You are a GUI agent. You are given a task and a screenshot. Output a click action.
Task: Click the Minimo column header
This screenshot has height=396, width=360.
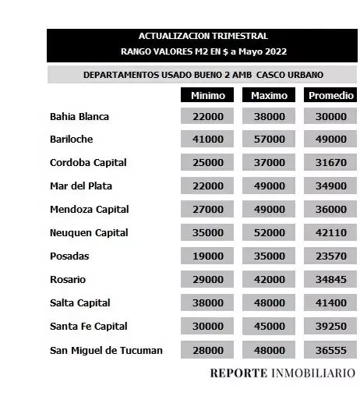coord(207,95)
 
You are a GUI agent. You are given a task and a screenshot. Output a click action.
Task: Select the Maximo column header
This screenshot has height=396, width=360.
coord(269,95)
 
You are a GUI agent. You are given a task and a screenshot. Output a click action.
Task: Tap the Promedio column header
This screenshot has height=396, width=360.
coord(330,95)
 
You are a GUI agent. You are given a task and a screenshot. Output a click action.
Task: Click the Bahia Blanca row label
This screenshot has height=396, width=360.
coord(79,117)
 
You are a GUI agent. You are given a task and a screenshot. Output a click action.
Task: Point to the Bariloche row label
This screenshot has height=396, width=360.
coord(72,140)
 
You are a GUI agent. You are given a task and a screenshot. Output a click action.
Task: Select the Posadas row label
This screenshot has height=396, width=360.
coord(69,256)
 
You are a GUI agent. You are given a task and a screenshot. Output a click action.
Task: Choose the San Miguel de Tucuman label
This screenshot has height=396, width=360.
coord(106,350)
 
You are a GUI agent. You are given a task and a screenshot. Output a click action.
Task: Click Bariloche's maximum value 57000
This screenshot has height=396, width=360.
coord(270,140)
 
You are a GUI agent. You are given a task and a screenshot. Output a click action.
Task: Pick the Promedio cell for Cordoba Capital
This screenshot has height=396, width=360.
coord(330,163)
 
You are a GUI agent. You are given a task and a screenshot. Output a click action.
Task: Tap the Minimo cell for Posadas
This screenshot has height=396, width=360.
coord(207,256)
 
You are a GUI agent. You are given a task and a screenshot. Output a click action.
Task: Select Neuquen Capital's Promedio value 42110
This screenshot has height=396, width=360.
coord(330,233)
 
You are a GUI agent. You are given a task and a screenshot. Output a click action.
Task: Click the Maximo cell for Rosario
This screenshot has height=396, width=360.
coord(270,280)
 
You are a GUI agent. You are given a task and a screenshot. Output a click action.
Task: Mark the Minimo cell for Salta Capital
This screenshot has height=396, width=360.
coord(207,303)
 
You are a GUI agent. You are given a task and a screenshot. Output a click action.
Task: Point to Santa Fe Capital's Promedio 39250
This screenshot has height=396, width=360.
coord(330,327)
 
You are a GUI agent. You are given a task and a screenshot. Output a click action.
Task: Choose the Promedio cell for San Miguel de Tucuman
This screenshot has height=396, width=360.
coord(330,350)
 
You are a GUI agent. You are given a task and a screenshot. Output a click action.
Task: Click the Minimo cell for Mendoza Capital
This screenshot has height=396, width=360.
coord(207,210)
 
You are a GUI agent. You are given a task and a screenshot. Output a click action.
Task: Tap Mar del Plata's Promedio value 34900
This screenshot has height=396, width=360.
coord(330,186)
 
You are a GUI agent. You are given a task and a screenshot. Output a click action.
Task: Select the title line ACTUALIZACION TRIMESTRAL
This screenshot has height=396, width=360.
coord(203,36)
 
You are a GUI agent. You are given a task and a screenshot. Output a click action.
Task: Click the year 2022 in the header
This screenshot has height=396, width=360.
coord(274,51)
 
